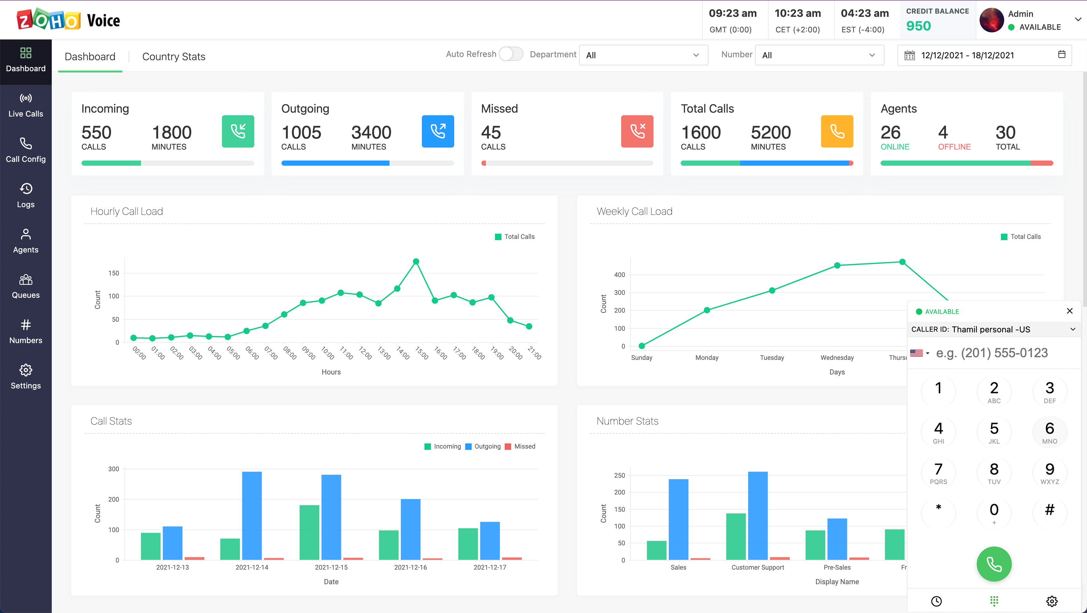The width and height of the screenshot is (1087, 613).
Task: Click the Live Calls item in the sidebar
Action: point(26,106)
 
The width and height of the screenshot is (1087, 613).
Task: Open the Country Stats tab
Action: point(173,57)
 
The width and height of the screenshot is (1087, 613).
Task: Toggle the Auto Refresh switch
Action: point(511,54)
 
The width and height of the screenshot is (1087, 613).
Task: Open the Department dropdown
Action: point(643,55)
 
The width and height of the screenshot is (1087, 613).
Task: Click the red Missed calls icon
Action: point(637,131)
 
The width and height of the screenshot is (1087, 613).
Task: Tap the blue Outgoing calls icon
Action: point(438,131)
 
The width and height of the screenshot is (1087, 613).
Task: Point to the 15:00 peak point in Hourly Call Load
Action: point(416,261)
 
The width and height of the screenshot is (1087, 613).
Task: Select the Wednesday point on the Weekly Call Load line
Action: point(837,265)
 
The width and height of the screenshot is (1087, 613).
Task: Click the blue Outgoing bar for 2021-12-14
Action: point(252,515)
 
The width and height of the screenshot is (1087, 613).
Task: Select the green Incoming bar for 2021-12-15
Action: point(309,532)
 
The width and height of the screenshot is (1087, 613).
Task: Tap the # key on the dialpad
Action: point(1049,510)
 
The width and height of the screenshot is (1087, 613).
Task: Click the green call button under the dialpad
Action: point(994,564)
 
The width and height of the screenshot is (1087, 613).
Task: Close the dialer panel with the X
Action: point(1069,311)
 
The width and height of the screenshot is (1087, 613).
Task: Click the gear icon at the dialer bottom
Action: point(1051,601)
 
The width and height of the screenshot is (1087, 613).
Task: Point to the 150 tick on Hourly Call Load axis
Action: point(114,273)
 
